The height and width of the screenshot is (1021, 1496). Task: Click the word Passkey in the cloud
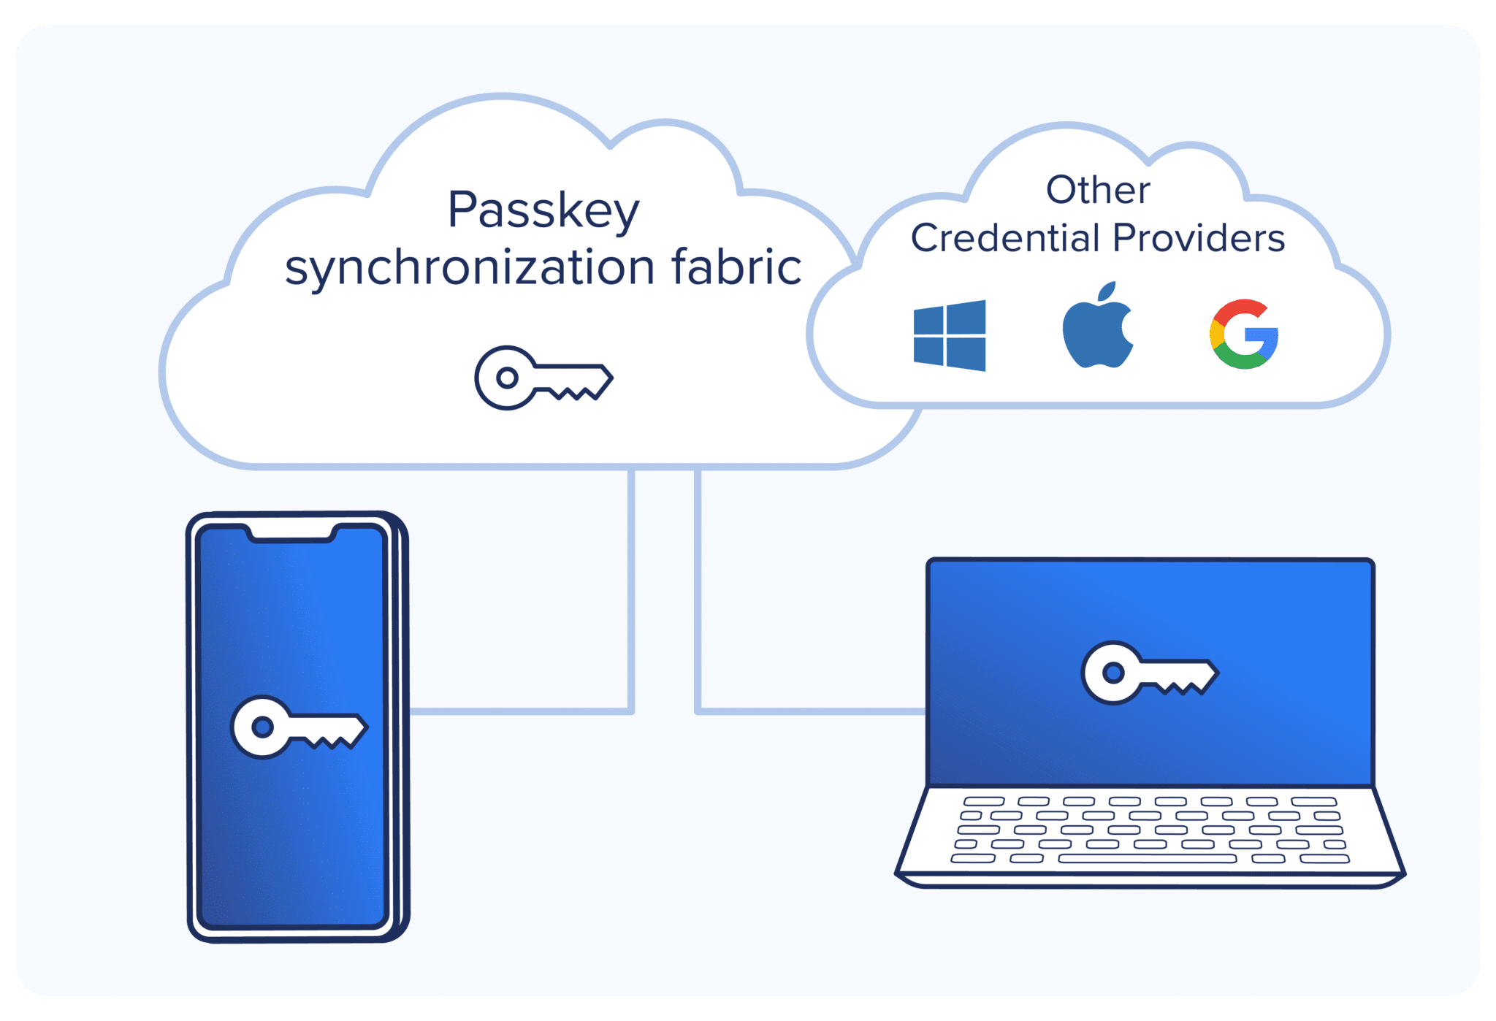(543, 211)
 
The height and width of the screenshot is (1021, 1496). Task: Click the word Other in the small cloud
(1098, 190)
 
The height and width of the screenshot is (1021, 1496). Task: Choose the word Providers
(1199, 238)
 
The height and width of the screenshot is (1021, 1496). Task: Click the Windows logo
(950, 335)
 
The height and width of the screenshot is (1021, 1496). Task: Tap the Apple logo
(1096, 332)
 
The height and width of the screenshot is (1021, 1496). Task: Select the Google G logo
(1244, 334)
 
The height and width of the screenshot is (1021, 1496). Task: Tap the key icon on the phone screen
(299, 727)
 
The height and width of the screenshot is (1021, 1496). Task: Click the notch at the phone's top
(291, 533)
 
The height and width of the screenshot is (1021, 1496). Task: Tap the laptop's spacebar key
(1147, 859)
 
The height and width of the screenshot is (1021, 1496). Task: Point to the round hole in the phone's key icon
(262, 727)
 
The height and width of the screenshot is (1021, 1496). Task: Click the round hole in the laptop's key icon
(1113, 672)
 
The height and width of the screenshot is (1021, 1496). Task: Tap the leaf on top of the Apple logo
(1107, 291)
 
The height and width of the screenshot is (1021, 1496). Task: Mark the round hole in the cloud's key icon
(507, 378)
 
